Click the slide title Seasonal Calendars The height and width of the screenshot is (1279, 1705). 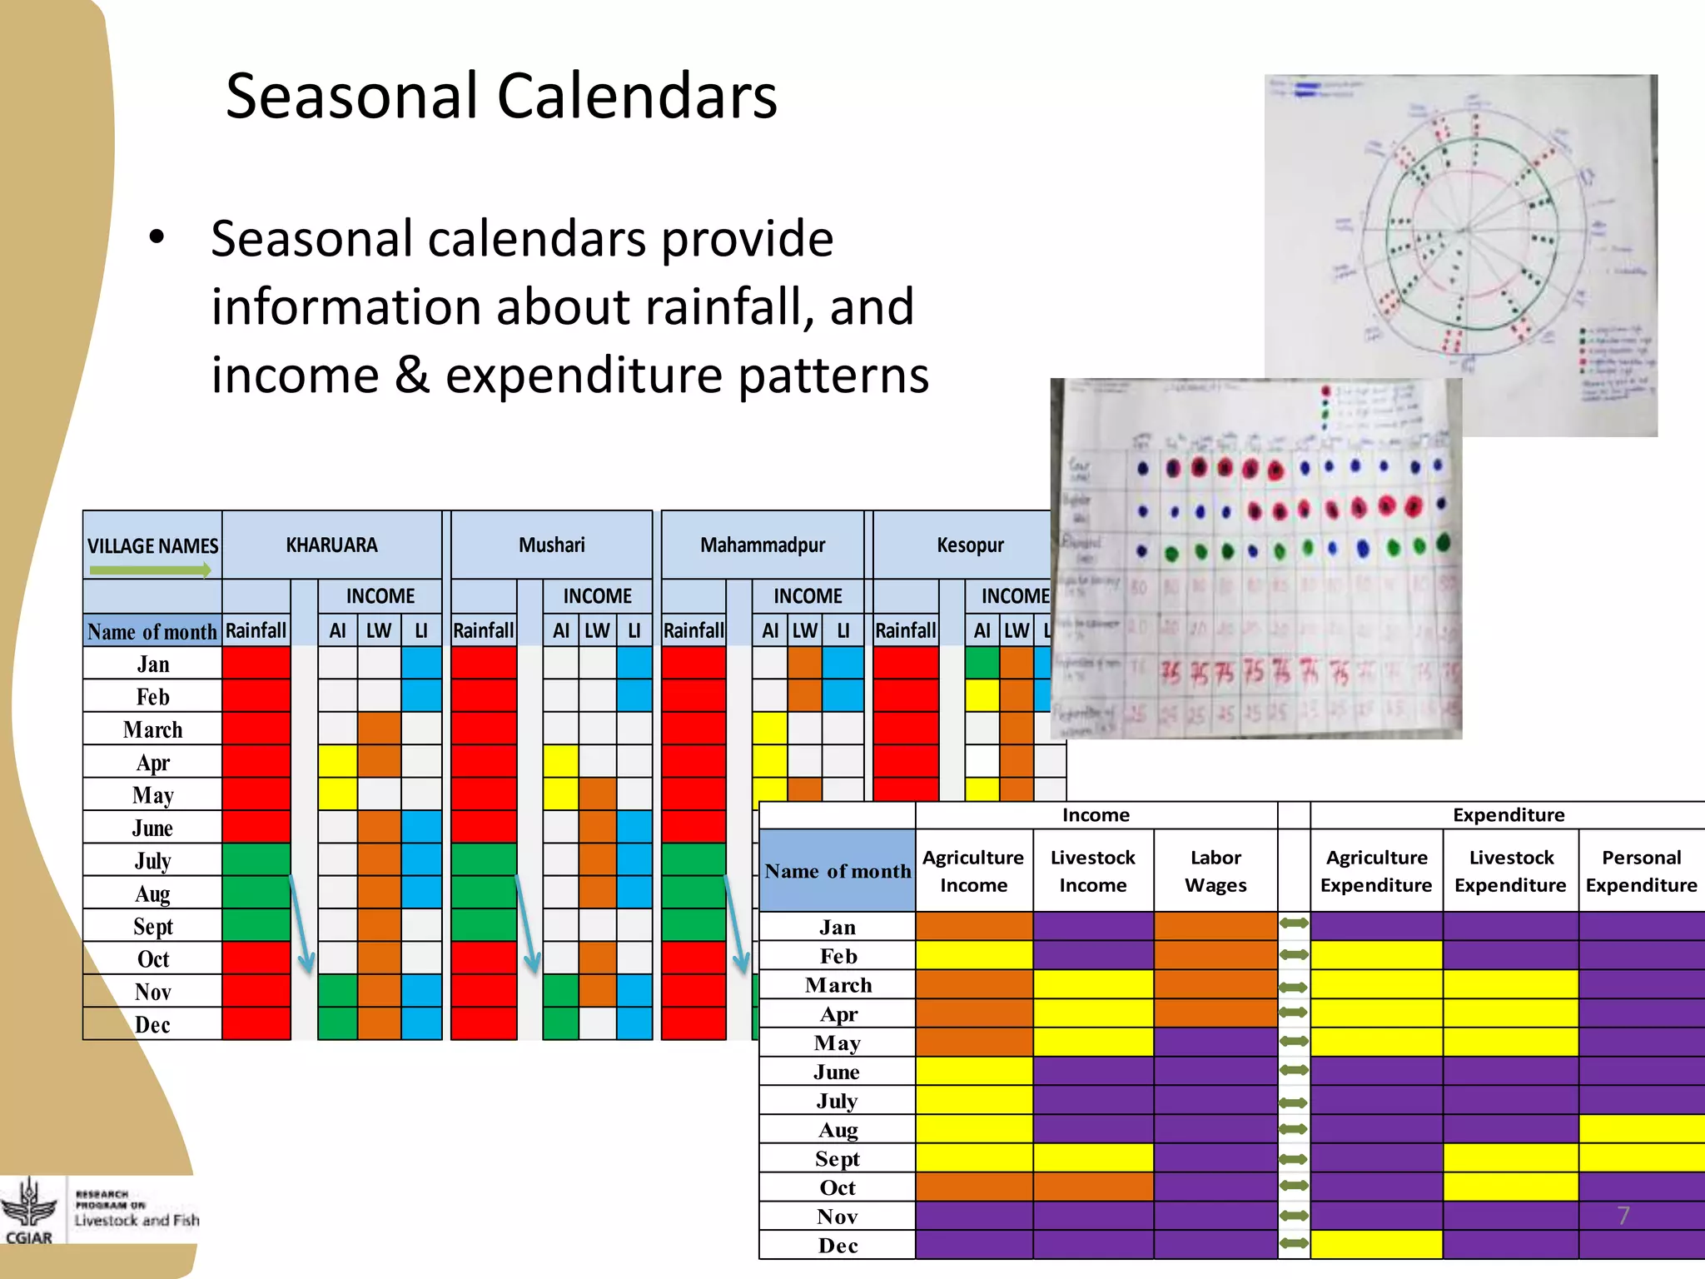(501, 96)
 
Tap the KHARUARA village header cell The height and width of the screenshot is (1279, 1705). (331, 545)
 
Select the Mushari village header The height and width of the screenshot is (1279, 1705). (551, 545)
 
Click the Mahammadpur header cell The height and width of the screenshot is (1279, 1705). (763, 545)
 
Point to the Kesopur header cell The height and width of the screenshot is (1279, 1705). (970, 545)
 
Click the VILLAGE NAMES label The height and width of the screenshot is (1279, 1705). (152, 546)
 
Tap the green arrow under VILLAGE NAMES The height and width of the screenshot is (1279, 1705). (151, 570)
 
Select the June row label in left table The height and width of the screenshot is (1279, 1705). (152, 828)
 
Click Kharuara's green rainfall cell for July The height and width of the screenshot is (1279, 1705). (256, 860)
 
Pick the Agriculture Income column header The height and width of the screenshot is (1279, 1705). (973, 871)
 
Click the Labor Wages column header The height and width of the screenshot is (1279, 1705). (1215, 871)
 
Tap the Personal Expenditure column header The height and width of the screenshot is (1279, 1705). (1641, 871)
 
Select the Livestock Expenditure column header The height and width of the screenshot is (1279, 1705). (1510, 871)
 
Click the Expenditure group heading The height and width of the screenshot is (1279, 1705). (1508, 815)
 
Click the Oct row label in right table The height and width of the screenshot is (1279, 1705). (838, 1187)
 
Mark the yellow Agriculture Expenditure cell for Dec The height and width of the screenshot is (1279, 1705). (1376, 1245)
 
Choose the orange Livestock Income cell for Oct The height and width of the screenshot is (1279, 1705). (1093, 1187)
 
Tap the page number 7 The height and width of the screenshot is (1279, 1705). (1623, 1216)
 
